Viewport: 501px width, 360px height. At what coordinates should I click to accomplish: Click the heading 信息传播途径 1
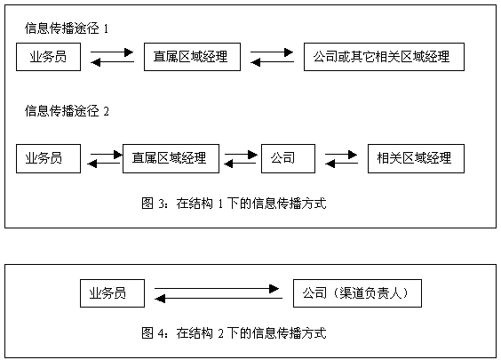(67, 28)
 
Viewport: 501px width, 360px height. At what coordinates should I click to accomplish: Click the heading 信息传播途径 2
(67, 111)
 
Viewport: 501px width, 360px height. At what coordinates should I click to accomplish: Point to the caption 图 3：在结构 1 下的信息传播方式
(234, 204)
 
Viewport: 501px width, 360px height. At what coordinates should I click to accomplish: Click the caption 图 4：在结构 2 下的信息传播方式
(234, 333)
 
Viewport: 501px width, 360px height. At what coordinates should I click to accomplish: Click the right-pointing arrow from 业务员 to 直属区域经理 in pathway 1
(112, 52)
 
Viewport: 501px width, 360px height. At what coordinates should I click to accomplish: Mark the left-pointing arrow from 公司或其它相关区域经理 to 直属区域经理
(272, 62)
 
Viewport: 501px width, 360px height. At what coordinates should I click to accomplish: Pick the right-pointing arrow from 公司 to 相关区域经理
(341, 155)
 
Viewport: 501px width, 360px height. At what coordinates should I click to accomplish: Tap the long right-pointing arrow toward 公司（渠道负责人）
(217, 289)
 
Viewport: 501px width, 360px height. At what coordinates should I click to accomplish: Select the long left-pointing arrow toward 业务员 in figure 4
(219, 299)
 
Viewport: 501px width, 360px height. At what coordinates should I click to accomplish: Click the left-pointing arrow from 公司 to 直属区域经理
(240, 164)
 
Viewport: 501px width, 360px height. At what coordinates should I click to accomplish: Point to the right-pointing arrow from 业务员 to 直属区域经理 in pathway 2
(107, 155)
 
